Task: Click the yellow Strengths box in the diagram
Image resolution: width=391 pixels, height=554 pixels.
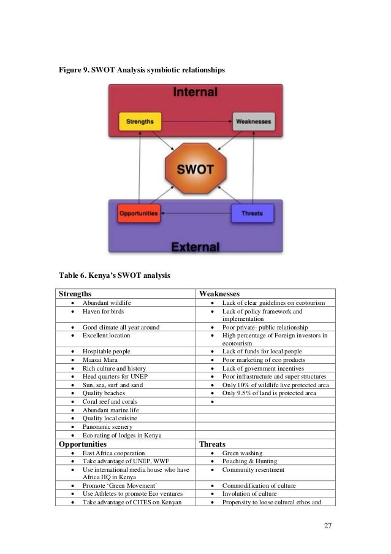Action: pyautogui.click(x=140, y=121)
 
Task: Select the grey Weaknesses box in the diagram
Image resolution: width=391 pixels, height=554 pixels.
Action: pyautogui.click(x=253, y=121)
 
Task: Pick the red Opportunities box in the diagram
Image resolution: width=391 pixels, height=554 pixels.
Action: pyautogui.click(x=138, y=214)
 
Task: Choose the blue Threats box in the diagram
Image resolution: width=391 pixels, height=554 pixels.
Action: pyautogui.click(x=252, y=214)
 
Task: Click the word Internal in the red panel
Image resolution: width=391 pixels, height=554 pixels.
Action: pyautogui.click(x=195, y=93)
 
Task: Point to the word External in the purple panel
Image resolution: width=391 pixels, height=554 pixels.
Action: pyautogui.click(x=195, y=247)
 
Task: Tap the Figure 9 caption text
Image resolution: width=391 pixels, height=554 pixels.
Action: pyautogui.click(x=142, y=72)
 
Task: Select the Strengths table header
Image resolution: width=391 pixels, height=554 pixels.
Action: pyautogui.click(x=75, y=294)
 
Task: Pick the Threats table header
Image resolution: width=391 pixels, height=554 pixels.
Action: pyautogui.click(x=212, y=444)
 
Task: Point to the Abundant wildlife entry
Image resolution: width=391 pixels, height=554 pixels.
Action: pyautogui.click(x=107, y=303)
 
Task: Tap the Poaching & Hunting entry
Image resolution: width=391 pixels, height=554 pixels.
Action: pyautogui.click(x=249, y=461)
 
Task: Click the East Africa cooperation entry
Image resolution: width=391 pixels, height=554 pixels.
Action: pyautogui.click(x=114, y=453)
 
